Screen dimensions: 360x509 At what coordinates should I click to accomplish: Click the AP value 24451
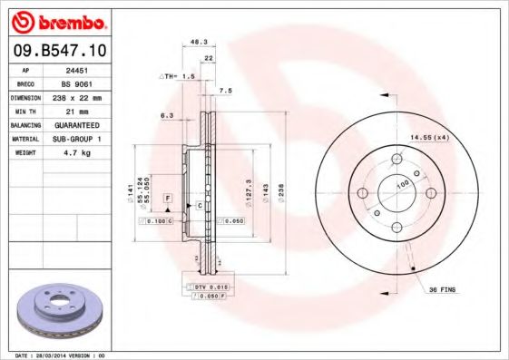point(86,69)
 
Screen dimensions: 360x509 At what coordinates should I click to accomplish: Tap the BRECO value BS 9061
point(86,83)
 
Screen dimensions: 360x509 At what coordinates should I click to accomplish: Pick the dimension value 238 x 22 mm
point(86,96)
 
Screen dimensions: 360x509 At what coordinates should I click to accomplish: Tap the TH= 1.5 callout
point(178,76)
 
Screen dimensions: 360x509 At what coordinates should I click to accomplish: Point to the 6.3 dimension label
point(166,116)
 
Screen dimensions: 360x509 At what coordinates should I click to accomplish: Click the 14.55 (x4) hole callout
point(430,136)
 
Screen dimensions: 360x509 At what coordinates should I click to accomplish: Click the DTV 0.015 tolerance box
point(201,286)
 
